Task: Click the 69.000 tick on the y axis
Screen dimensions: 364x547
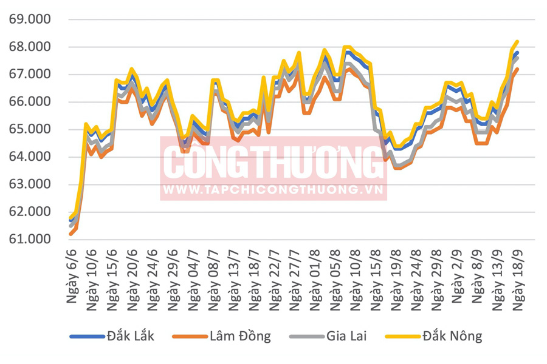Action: (30, 19)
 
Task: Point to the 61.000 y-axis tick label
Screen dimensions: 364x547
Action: (30, 239)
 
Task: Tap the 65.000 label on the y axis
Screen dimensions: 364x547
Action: (30, 129)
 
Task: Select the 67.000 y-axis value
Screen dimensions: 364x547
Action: (30, 74)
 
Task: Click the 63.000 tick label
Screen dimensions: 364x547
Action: (30, 184)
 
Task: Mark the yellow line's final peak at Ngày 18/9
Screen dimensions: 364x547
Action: (517, 42)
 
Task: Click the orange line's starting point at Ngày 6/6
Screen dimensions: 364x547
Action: (71, 234)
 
